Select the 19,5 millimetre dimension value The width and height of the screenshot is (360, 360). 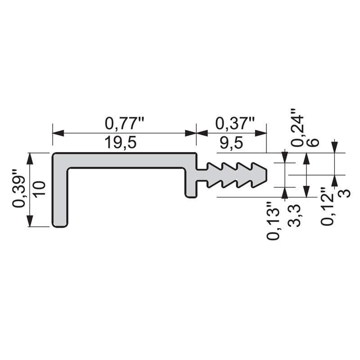click(121, 143)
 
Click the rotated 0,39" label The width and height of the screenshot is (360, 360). click(19, 192)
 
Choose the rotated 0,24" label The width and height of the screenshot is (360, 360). click(297, 128)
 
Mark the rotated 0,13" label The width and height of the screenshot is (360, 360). click(273, 221)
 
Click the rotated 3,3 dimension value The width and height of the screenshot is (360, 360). click(294, 216)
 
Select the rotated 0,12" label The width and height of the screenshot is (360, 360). click(327, 207)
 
